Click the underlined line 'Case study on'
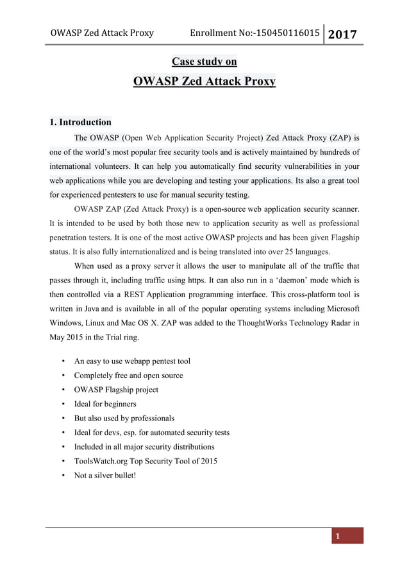coord(204,62)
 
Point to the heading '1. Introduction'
coord(80,122)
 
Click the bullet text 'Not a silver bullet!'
coord(105,475)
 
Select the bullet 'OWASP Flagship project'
coord(116,390)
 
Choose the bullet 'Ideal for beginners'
coord(105,404)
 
